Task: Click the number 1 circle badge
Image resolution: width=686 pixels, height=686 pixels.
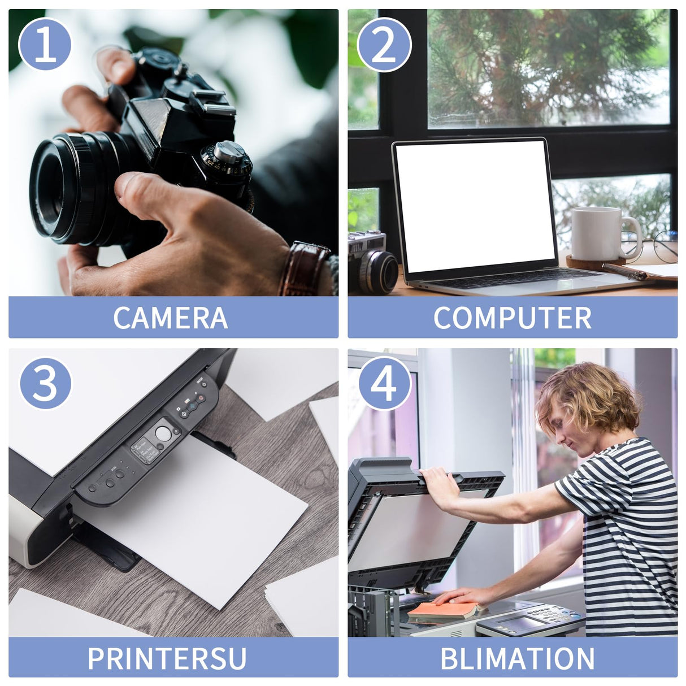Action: point(45,44)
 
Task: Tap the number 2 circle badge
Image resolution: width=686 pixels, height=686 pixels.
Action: point(384,44)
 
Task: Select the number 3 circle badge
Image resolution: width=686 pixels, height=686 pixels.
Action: point(45,383)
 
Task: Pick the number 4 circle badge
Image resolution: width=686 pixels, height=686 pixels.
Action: point(384,383)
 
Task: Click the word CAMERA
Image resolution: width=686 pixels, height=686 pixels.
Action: point(171,318)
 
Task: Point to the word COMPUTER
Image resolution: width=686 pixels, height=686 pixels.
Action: point(513,318)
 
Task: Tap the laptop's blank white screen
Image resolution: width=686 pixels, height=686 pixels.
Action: point(475,206)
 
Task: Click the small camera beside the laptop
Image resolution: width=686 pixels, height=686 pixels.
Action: point(371,261)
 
